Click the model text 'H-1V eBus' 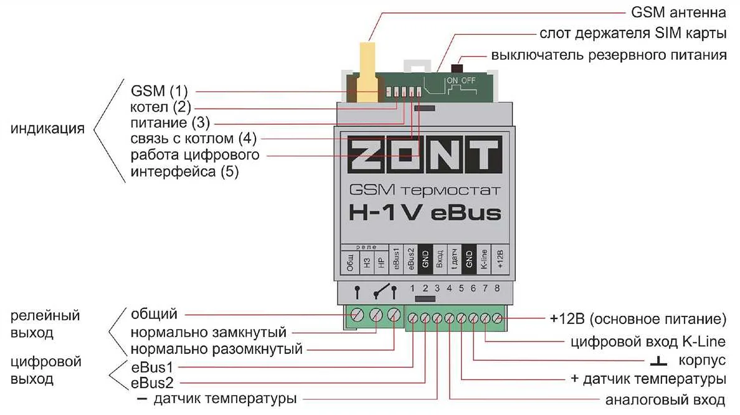tap(424, 213)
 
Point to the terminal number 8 tap(497, 289)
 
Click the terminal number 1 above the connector tap(413, 289)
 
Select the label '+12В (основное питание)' tap(638, 320)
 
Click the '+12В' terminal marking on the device tap(500, 257)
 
